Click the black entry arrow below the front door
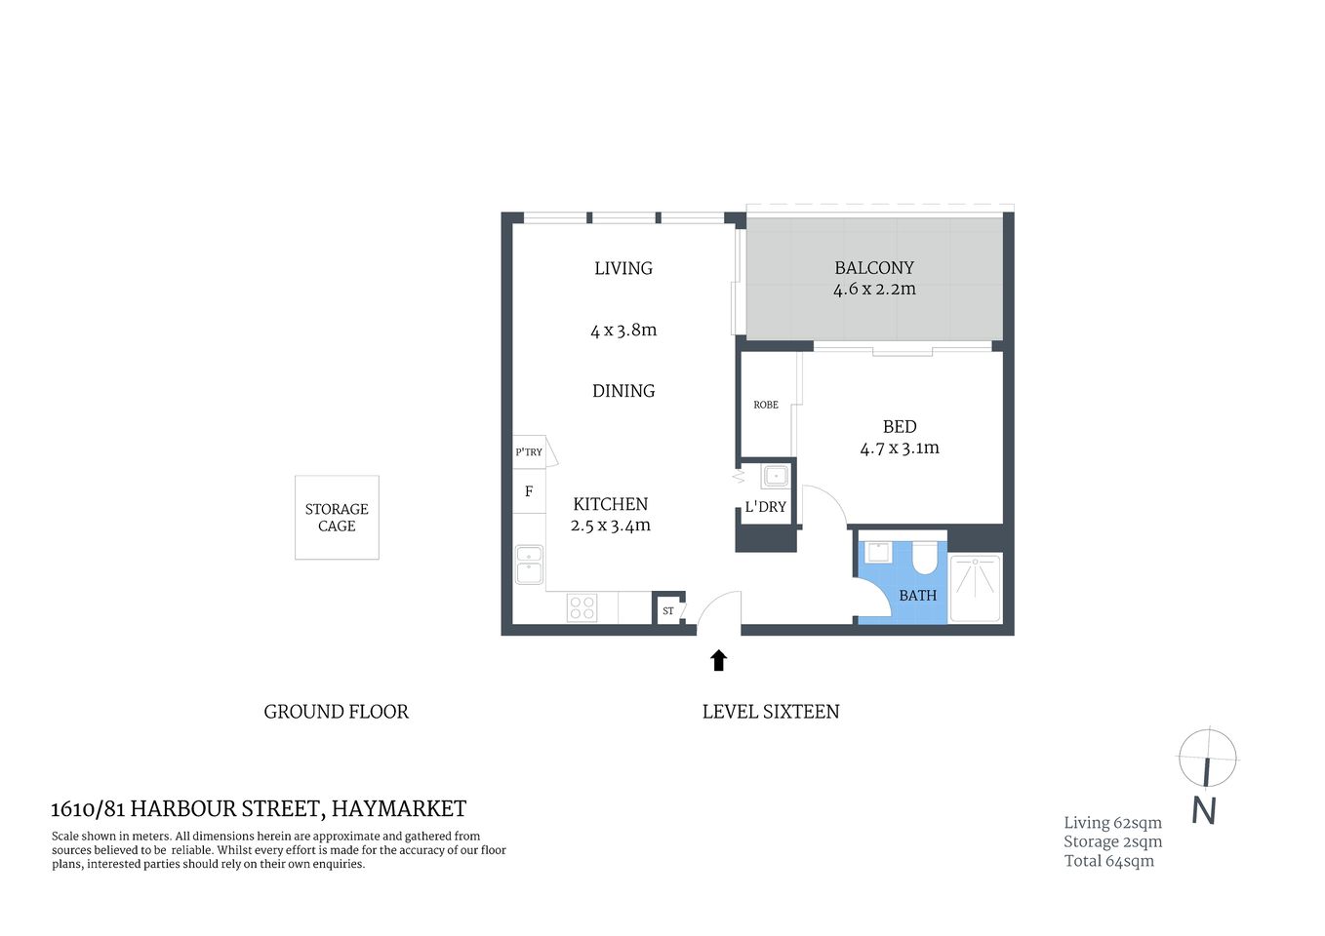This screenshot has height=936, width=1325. pyautogui.click(x=718, y=660)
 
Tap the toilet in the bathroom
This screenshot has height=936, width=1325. pyautogui.click(x=923, y=558)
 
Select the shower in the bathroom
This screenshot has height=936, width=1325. pyautogui.click(x=975, y=587)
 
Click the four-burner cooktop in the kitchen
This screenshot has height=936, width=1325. pyautogui.click(x=582, y=608)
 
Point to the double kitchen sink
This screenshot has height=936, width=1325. pyautogui.click(x=529, y=565)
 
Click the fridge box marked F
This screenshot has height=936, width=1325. pyautogui.click(x=529, y=491)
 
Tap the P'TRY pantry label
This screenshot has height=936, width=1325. pyautogui.click(x=529, y=452)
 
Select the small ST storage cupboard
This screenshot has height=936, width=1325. pyautogui.click(x=668, y=611)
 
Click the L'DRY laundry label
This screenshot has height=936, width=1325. pyautogui.click(x=765, y=507)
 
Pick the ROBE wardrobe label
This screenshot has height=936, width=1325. pyautogui.click(x=766, y=405)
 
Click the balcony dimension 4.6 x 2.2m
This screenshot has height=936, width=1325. pyautogui.click(x=874, y=290)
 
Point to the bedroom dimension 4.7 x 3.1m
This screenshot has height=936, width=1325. pyautogui.click(x=899, y=448)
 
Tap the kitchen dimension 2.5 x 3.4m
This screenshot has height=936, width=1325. pyautogui.click(x=610, y=526)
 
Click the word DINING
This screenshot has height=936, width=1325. pyautogui.click(x=623, y=391)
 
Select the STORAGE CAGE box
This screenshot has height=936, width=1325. pyautogui.click(x=337, y=518)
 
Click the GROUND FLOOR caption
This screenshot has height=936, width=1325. pyautogui.click(x=336, y=712)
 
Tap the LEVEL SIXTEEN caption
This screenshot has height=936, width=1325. pyautogui.click(x=770, y=712)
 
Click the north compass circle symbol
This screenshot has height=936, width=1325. pyautogui.click(x=1207, y=758)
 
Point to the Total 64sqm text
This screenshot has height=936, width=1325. pyautogui.click(x=1108, y=861)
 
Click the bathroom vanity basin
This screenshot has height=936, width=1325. pyautogui.click(x=878, y=552)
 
